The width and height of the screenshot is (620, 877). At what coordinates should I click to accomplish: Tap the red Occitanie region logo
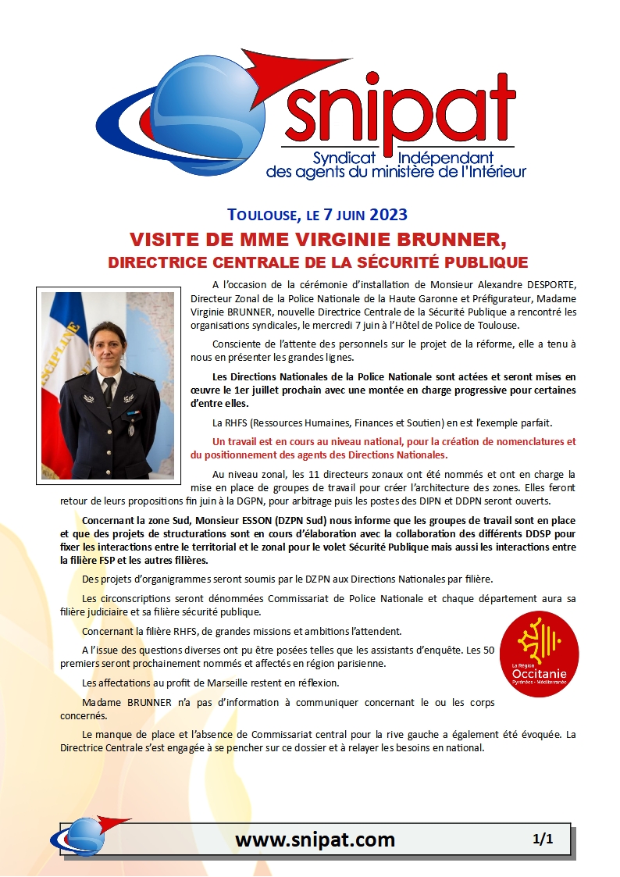pyautogui.click(x=538, y=654)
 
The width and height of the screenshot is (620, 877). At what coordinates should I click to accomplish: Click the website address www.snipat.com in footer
pyautogui.click(x=315, y=840)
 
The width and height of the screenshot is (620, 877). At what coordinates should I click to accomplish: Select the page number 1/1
pyautogui.click(x=543, y=840)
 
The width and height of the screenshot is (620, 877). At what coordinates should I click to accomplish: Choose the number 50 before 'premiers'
pyautogui.click(x=487, y=650)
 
